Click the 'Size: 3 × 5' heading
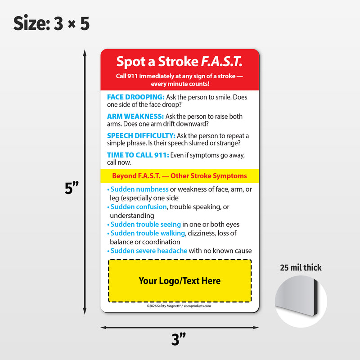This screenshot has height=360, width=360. click(x=51, y=23)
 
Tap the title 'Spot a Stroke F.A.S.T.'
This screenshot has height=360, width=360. click(x=179, y=61)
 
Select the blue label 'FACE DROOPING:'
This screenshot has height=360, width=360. click(x=135, y=97)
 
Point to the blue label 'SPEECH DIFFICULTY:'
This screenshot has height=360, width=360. click(x=141, y=135)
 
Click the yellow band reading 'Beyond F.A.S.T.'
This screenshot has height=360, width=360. click(x=180, y=176)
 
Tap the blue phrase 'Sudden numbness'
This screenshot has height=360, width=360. click(x=139, y=189)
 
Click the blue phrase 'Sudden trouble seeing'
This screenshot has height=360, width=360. click(x=146, y=225)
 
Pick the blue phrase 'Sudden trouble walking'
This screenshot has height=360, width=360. click(x=148, y=233)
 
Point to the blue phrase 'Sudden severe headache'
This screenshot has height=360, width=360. click(x=148, y=251)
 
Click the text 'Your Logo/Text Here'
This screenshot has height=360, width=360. click(x=180, y=281)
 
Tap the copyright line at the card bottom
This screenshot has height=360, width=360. click(x=179, y=306)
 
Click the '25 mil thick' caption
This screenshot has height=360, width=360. click(x=301, y=268)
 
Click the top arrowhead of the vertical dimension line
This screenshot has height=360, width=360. click(x=85, y=53)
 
